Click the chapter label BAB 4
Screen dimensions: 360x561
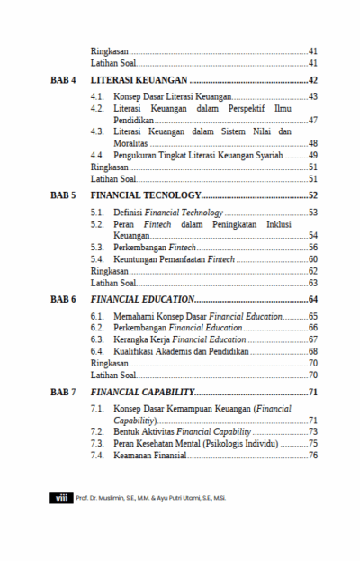click(62, 81)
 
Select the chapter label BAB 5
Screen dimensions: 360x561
click(62, 195)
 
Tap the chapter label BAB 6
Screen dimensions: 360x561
click(62, 298)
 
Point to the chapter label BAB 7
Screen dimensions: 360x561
click(62, 392)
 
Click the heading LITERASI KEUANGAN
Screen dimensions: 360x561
click(136, 81)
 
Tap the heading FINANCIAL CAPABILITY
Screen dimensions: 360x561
click(142, 392)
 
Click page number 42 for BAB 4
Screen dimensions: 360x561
click(312, 81)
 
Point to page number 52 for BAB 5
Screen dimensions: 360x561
click(312, 195)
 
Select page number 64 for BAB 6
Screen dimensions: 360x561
click(312, 298)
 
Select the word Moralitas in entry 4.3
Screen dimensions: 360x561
click(131, 143)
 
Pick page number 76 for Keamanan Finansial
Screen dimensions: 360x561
click(313, 455)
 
